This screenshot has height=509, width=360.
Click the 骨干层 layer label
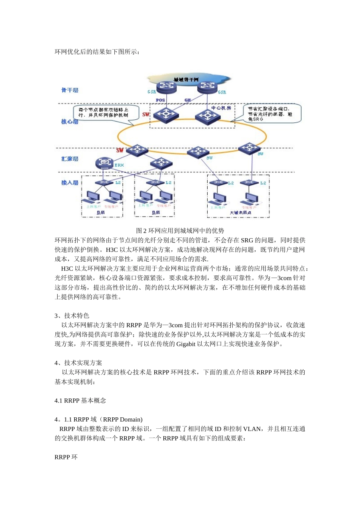click(70, 90)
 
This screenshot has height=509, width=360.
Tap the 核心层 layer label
click(70, 122)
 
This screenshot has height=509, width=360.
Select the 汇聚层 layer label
click(70, 159)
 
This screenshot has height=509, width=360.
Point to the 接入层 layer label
click(70, 183)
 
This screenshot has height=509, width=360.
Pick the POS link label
click(160, 100)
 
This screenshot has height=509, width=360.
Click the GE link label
click(188, 100)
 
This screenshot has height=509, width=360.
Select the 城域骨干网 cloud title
click(186, 80)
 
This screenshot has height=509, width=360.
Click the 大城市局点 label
click(240, 213)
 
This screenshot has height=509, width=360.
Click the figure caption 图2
click(180, 231)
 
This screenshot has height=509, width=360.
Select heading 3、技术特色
click(72, 315)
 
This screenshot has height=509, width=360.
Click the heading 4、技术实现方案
click(78, 363)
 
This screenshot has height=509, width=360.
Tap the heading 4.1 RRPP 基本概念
click(80, 400)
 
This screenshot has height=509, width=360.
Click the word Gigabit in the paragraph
click(186, 344)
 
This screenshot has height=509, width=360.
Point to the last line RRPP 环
click(66, 457)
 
